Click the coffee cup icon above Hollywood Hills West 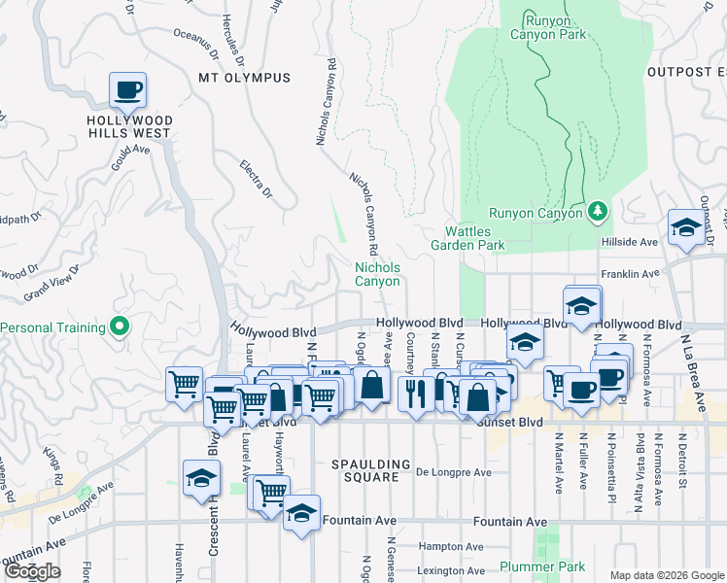tap(127, 91)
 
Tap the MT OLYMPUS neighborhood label tap(244, 78)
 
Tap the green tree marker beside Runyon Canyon tap(599, 212)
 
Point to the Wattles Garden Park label tap(474, 238)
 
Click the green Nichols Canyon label tap(377, 274)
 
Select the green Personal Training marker tap(121, 326)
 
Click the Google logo tap(31, 571)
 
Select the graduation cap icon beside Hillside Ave tap(686, 227)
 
